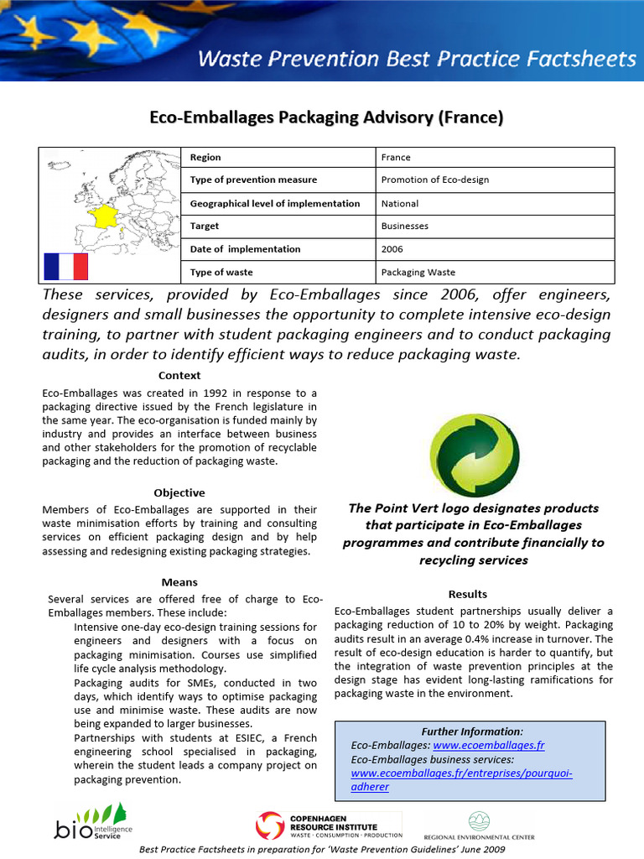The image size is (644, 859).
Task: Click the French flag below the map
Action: (x=66, y=267)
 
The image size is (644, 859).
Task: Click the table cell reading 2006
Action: (x=392, y=249)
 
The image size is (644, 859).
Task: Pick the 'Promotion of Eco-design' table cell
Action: (x=434, y=180)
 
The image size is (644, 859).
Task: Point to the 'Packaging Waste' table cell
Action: (x=418, y=272)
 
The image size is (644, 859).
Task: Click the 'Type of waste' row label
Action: (x=221, y=272)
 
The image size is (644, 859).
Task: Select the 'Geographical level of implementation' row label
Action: (x=275, y=203)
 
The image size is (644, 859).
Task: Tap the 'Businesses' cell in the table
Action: (x=404, y=226)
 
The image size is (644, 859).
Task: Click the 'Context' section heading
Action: (x=179, y=375)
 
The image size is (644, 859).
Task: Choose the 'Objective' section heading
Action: (x=179, y=492)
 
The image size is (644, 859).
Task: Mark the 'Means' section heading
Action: (x=179, y=581)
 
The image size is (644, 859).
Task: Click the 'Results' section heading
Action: (x=468, y=594)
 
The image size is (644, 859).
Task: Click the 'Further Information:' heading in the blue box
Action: (x=472, y=731)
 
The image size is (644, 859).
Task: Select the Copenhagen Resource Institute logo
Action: (x=329, y=824)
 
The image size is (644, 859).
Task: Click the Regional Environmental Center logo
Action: (x=480, y=825)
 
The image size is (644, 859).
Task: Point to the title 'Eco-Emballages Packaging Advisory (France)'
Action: (x=326, y=118)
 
